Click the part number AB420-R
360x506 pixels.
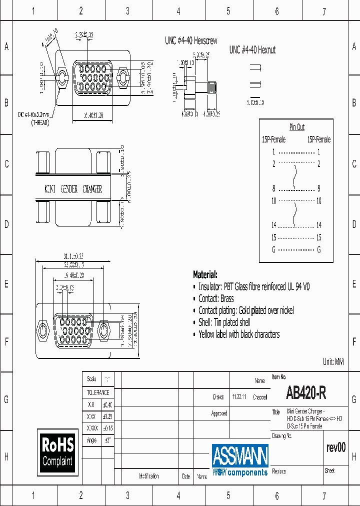tap(306, 394)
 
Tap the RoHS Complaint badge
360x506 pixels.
tap(57, 451)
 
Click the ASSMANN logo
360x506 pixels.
tap(240, 456)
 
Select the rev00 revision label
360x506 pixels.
tap(335, 447)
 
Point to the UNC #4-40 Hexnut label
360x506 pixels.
tap(252, 50)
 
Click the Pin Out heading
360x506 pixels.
tap(296, 127)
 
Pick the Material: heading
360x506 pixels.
tap(205, 274)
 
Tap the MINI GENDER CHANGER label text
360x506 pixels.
tap(73, 189)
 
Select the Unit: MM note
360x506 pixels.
tap(333, 361)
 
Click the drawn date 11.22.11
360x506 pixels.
tap(238, 397)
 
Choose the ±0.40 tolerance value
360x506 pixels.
tap(107, 404)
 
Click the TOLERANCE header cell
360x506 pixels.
tap(98, 392)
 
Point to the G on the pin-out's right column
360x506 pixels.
tap(318, 249)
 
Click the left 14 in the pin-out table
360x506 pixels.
tap(273, 225)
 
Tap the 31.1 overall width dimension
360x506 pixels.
tap(73, 256)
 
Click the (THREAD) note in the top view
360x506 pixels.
tap(39, 122)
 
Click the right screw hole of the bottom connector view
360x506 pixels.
tap(104, 330)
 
